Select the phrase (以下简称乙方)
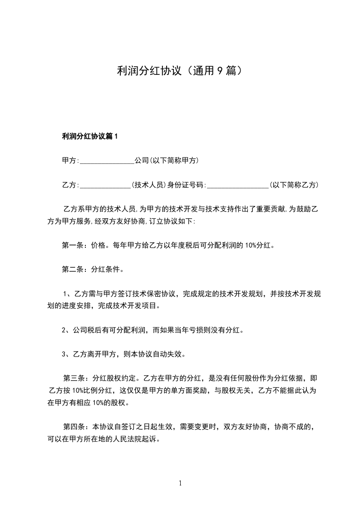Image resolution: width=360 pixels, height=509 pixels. click(294, 185)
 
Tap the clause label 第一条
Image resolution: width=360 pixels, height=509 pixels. click(71, 246)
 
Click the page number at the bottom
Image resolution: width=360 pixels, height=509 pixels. click(180, 483)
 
